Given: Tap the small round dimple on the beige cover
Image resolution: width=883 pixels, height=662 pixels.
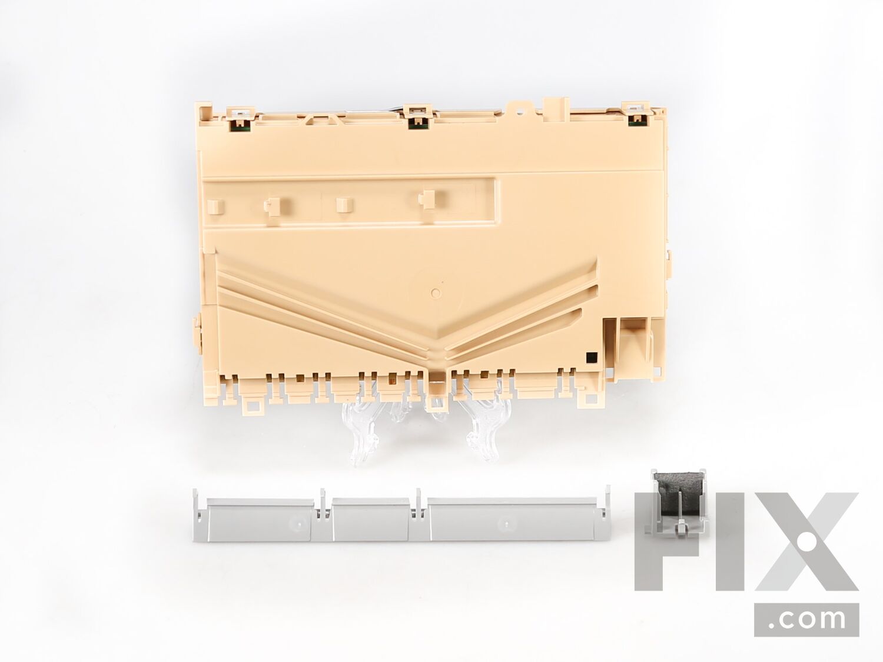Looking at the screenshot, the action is pyautogui.click(x=436, y=292).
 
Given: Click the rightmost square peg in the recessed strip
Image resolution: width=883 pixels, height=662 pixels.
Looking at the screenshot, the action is pyautogui.click(x=427, y=199).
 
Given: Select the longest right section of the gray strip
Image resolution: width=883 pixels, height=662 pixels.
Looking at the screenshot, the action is pyautogui.click(x=516, y=519).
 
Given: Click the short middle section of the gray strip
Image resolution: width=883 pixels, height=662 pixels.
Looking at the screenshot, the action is pyautogui.click(x=371, y=519).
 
